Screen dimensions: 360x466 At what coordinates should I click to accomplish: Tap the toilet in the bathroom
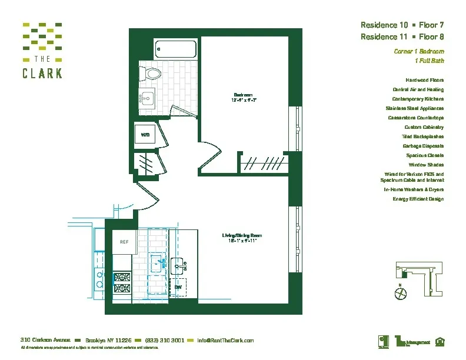pyautogui.click(x=152, y=74)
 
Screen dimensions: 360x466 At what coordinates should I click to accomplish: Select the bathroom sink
pyautogui.click(x=148, y=97)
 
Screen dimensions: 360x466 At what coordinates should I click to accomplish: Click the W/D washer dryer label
pyautogui.click(x=145, y=135)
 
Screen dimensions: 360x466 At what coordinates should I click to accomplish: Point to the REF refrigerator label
pyautogui.click(x=124, y=242)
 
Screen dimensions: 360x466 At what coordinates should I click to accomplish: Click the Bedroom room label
pyautogui.click(x=243, y=95)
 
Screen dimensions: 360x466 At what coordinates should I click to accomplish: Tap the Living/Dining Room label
pyautogui.click(x=246, y=236)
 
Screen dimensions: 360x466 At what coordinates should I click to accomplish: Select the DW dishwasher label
pyautogui.click(x=178, y=287)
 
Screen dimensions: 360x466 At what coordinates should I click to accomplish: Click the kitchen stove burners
pyautogui.click(x=121, y=281)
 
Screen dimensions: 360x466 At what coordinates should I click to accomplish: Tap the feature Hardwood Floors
pyautogui.click(x=424, y=80)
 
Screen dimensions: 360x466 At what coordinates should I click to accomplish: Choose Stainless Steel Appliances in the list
pyautogui.click(x=414, y=108)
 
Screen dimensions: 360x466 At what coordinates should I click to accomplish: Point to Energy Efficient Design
pyautogui.click(x=418, y=199)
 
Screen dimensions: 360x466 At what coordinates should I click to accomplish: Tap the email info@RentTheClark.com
pyautogui.click(x=225, y=341)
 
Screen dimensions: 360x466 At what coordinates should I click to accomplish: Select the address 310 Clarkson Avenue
pyautogui.click(x=46, y=341)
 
